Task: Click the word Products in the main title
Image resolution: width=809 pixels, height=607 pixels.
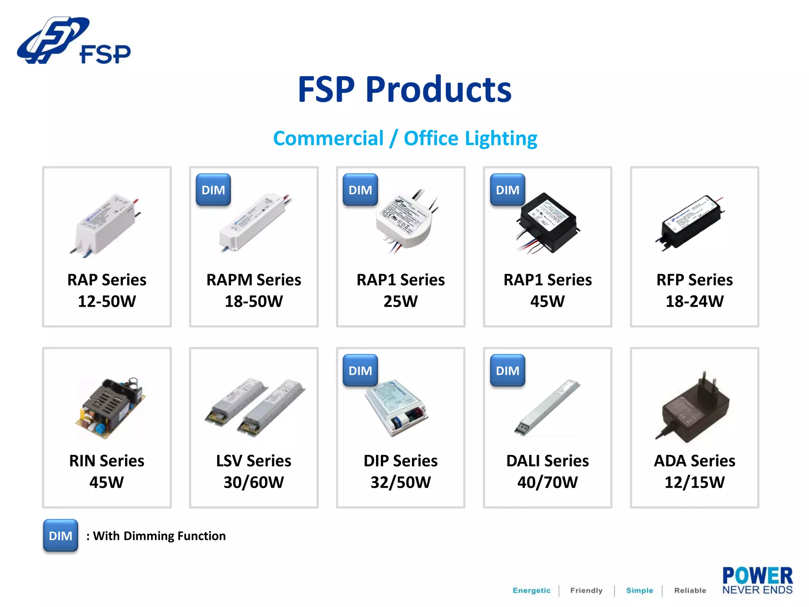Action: coord(438,90)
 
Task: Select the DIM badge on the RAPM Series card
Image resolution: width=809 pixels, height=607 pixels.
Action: coord(213,190)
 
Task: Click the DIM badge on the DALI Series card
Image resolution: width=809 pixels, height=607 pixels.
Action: coord(508,371)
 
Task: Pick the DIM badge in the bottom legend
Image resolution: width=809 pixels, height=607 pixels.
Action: coord(60,536)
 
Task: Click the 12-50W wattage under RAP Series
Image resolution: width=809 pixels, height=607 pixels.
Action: coord(107,302)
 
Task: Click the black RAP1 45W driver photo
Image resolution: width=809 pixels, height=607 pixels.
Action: coord(548,223)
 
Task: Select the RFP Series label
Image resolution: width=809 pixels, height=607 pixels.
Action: coord(694,280)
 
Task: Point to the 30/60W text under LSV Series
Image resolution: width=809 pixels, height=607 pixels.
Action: coord(254,483)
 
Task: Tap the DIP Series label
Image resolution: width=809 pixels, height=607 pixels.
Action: coord(401,461)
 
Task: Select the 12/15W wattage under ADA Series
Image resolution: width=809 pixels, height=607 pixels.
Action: coord(694,483)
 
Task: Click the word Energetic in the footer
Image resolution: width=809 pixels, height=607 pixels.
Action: coord(531,590)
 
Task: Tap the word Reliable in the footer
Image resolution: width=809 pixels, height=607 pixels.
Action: coord(690,590)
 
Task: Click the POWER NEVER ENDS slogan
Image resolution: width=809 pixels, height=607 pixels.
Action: coord(757,581)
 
